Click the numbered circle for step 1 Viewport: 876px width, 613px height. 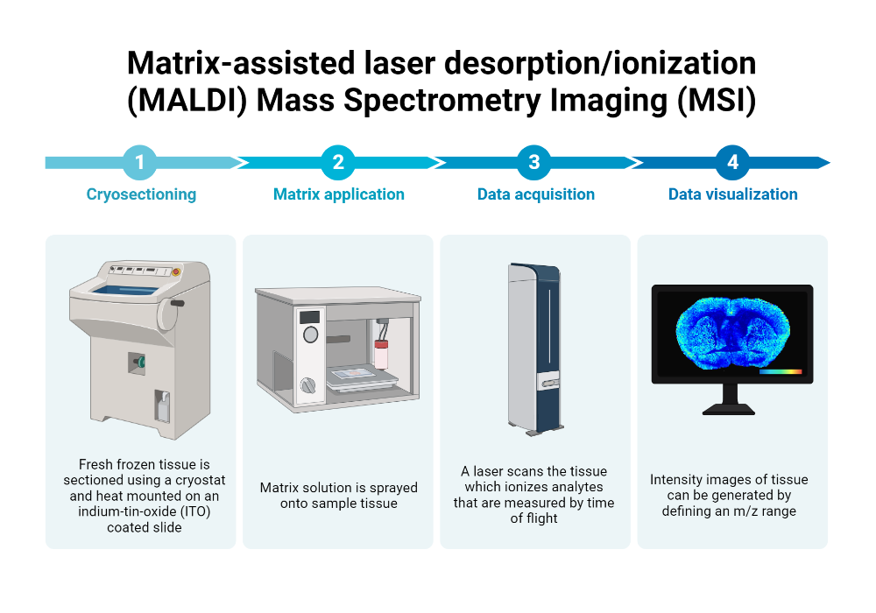139,163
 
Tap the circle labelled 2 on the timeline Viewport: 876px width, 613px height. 338,163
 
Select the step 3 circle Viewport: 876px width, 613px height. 534,163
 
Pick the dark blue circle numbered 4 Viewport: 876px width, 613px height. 732,163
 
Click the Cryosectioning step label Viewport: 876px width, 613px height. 141,194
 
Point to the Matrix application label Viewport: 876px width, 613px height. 338,194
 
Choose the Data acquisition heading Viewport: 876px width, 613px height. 536,194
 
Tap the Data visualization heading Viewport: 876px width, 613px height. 733,194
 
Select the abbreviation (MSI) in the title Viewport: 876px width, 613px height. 717,101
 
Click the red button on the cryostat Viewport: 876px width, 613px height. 176,271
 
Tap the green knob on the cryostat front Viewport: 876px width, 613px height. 141,362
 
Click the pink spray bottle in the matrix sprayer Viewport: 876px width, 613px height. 381,355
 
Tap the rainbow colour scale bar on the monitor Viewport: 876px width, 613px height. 781,371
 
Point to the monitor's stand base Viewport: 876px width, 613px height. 729,410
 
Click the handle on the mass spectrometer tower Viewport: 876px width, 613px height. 549,383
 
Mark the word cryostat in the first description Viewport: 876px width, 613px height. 201,480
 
